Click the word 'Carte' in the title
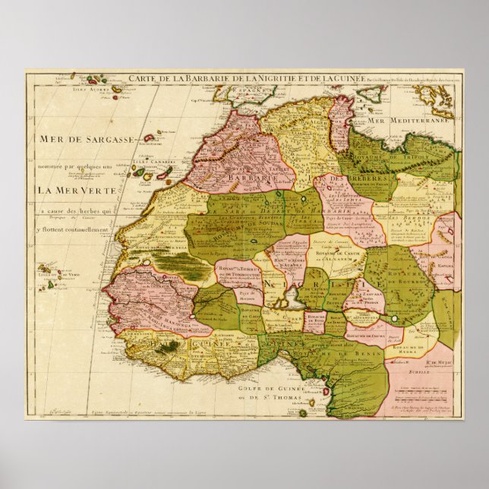point(141,77)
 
